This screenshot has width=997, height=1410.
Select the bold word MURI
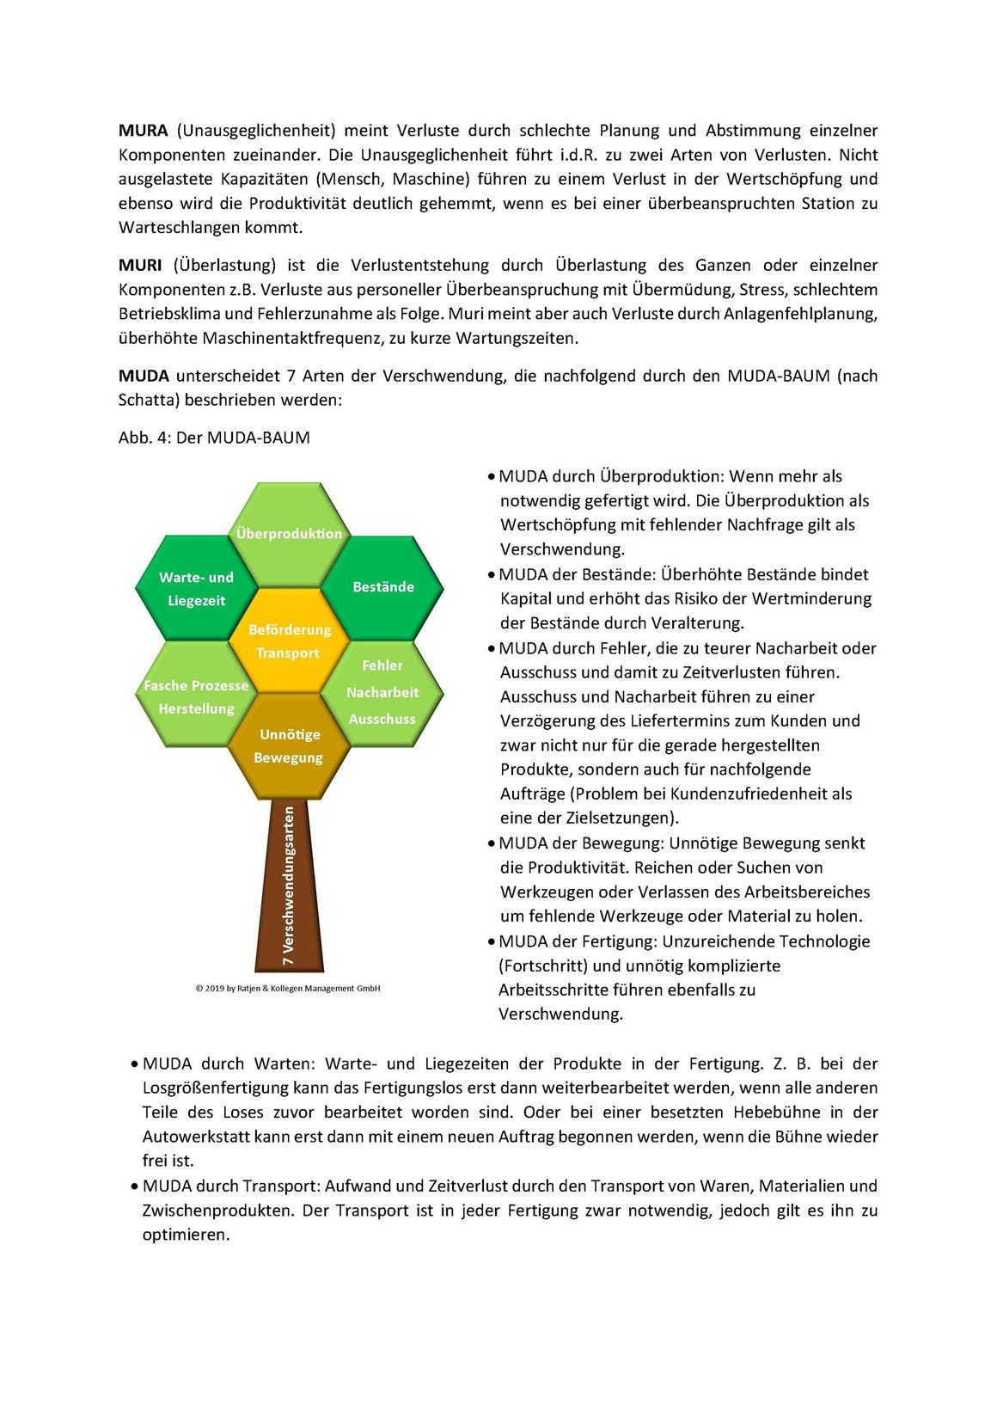pos(140,266)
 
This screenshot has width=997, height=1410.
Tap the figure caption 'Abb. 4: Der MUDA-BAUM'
pos(214,438)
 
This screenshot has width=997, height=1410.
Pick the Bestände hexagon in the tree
pos(383,587)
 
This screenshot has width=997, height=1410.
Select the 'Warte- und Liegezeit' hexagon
pos(196,589)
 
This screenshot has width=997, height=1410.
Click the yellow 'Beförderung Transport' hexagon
pos(289,641)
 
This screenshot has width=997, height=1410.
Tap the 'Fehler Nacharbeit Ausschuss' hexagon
pos(382,692)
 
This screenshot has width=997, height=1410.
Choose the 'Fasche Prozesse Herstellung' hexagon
pos(196,696)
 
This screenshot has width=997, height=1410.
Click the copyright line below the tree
pos(288,989)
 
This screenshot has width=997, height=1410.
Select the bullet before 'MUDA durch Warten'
pos(134,1065)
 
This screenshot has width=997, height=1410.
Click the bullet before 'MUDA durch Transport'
pos(134,1187)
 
